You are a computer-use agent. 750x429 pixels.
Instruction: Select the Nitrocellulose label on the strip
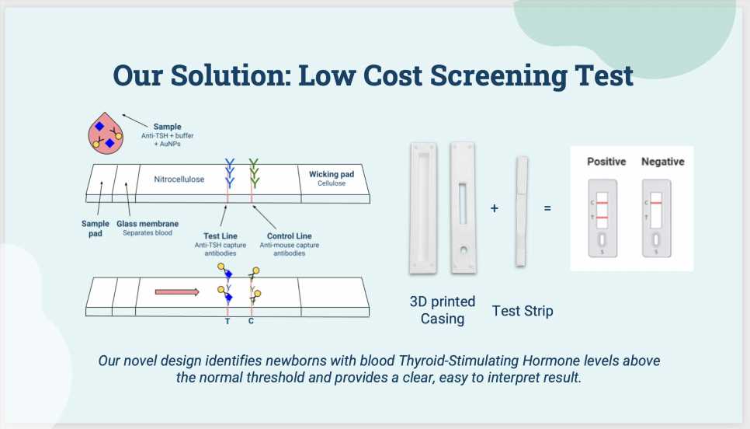[179, 180]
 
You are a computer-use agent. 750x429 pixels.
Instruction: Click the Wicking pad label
[332, 174]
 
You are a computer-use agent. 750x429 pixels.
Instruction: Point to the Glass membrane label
[148, 224]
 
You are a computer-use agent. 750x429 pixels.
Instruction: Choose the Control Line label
[289, 235]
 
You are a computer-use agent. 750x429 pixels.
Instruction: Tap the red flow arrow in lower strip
[177, 292]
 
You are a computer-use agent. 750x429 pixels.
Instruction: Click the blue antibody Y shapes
[229, 166]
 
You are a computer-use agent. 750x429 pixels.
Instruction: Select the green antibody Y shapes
[253, 166]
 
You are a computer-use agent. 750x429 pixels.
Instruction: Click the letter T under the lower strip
[227, 320]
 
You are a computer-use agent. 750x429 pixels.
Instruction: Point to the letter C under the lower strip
[251, 320]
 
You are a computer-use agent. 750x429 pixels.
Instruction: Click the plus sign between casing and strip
[495, 208]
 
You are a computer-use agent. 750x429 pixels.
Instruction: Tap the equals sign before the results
[547, 208]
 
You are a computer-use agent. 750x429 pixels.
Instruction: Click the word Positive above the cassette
[606, 162]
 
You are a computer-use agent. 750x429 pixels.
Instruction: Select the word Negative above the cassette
[663, 162]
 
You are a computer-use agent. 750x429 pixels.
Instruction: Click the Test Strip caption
[523, 311]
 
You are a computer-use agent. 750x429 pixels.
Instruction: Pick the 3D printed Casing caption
[442, 310]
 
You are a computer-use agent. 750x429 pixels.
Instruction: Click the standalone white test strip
[522, 210]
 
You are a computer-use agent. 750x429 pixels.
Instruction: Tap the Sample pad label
[95, 228]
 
